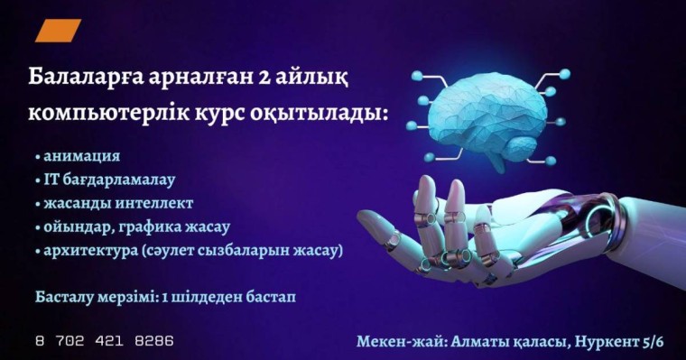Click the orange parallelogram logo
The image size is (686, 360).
[58, 32]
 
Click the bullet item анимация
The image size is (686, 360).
[82, 156]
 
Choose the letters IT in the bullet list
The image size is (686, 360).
[51, 180]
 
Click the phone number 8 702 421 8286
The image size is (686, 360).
[105, 342]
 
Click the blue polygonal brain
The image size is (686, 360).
[488, 115]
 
